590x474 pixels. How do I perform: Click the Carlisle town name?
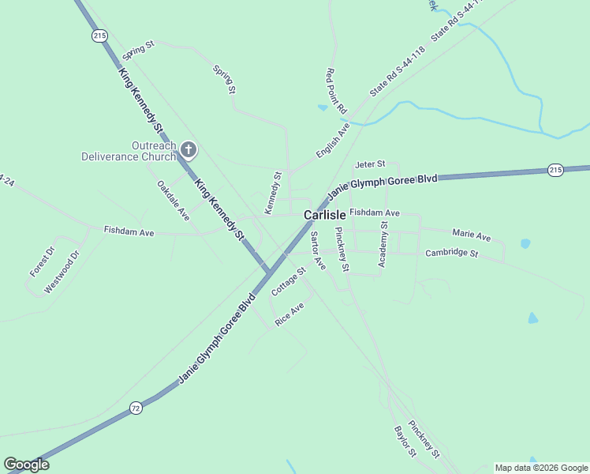325,215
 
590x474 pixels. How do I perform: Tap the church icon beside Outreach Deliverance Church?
188,149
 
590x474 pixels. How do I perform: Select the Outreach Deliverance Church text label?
130,151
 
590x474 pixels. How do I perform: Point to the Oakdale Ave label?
174,201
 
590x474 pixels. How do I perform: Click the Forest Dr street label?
42,261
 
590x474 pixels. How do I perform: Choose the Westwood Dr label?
62,273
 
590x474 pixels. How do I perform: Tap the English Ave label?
333,140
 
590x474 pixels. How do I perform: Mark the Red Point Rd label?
331,89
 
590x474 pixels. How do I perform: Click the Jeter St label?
369,164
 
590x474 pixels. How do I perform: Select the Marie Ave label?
471,235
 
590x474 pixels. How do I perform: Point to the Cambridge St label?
451,254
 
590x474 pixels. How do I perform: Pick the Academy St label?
383,244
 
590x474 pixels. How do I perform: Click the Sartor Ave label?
318,250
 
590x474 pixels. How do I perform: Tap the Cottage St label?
288,282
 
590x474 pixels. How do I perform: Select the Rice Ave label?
289,314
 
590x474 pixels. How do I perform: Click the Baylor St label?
405,442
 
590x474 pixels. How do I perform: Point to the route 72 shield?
136,407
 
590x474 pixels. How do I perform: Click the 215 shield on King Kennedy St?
99,36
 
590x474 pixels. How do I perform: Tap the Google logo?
26,465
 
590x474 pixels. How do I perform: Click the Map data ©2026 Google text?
540,468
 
